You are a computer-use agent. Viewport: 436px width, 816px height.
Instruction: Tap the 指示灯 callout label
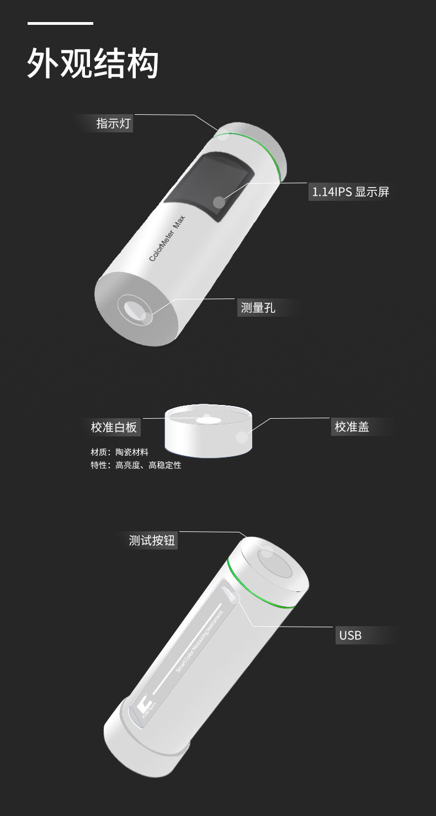click(113, 123)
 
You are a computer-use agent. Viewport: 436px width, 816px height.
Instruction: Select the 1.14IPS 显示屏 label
click(350, 192)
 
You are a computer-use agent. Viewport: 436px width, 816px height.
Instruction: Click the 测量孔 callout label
click(258, 307)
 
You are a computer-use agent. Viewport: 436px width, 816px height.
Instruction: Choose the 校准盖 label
click(352, 426)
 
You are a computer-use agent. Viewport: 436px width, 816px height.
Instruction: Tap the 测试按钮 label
click(152, 540)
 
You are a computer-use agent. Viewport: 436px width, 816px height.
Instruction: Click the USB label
click(350, 635)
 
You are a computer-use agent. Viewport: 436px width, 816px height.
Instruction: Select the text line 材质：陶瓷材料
click(119, 452)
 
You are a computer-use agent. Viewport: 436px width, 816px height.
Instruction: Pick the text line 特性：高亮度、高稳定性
click(136, 465)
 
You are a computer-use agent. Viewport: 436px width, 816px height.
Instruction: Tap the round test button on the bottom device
click(276, 565)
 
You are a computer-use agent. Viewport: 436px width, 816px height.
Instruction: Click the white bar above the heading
click(60, 23)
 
